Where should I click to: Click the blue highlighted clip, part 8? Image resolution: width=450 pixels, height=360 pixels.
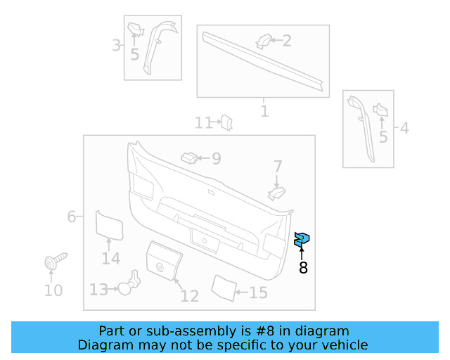[302, 240]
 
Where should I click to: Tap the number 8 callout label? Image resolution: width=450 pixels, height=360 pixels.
[303, 267]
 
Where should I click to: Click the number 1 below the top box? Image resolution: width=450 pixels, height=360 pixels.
[264, 111]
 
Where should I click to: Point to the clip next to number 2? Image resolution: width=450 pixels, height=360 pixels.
[263, 41]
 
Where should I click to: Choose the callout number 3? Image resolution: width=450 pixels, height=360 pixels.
[116, 46]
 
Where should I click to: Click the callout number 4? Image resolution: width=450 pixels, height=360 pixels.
[404, 128]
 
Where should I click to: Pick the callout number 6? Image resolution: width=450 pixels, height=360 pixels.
[72, 217]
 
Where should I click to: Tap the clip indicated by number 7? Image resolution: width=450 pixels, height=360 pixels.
[277, 192]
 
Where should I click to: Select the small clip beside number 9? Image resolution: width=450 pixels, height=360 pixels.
[190, 157]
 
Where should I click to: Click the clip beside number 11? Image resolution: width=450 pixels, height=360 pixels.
[226, 123]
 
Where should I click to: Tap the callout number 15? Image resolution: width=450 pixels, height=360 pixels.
[258, 292]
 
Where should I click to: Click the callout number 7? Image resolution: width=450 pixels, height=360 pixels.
[278, 167]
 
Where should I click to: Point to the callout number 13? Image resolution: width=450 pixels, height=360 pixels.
[98, 289]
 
